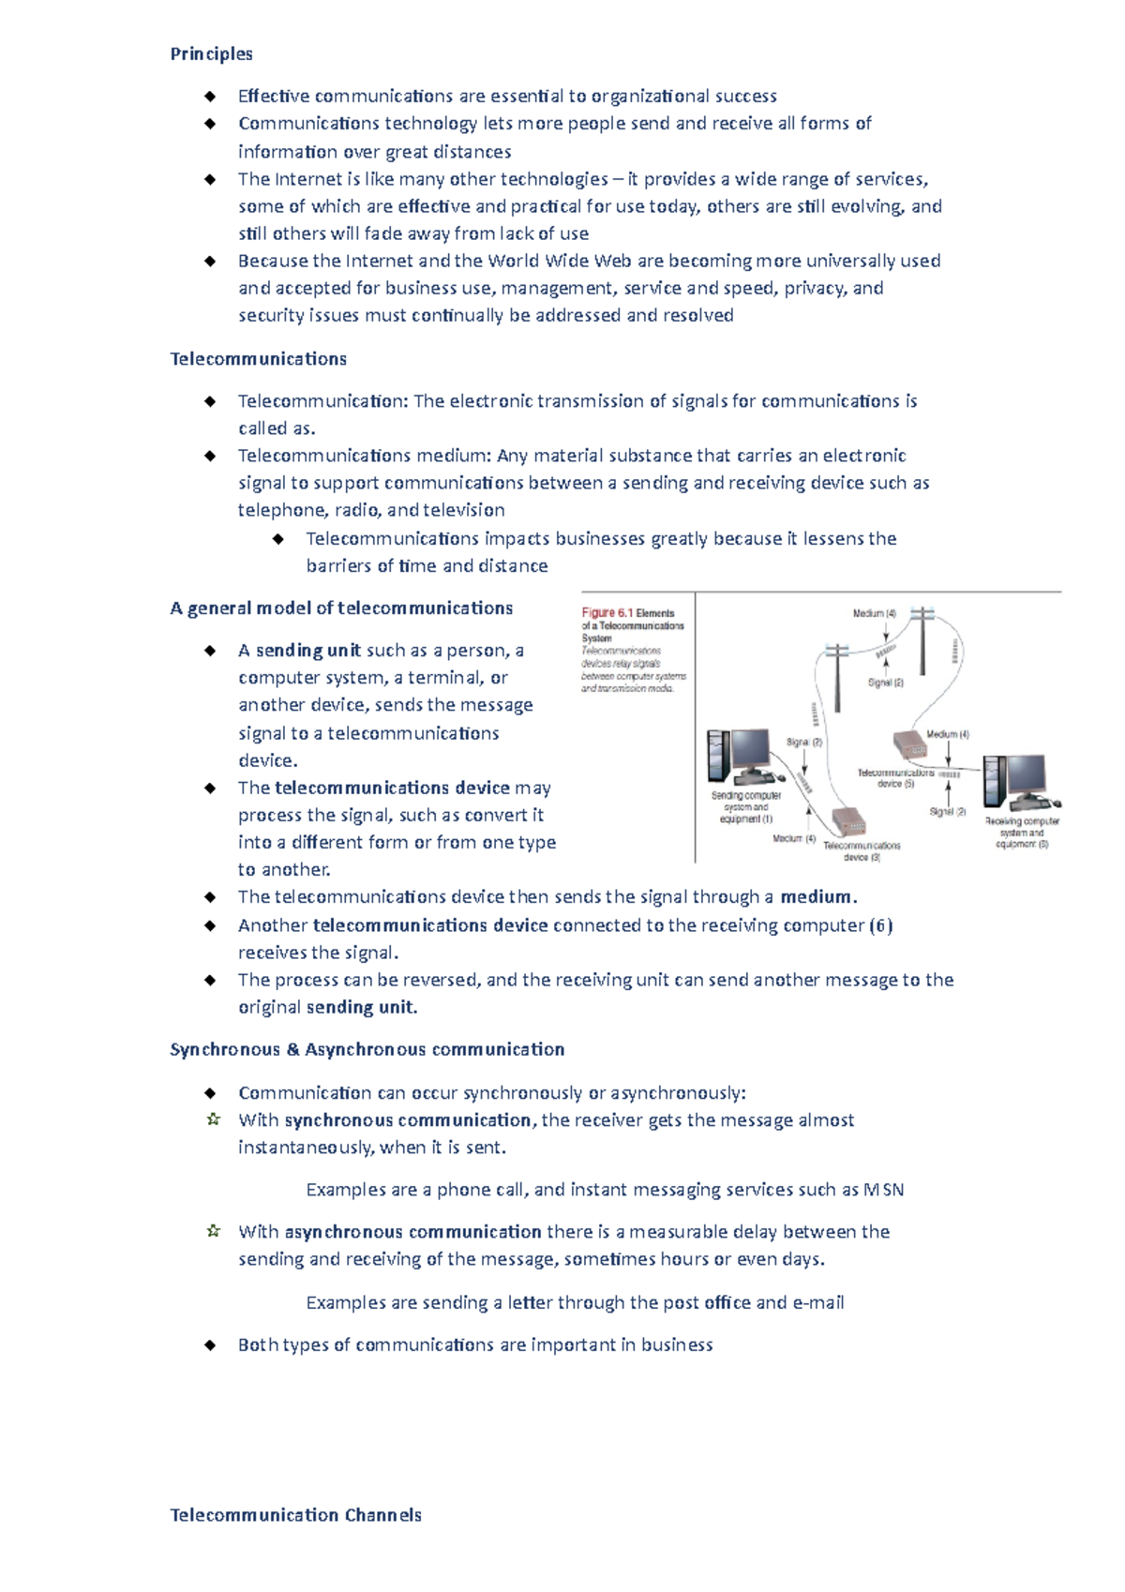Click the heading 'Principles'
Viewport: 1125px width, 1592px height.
coord(211,53)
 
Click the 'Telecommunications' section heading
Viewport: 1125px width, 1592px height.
coord(258,359)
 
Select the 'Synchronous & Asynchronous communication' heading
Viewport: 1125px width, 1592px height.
coord(367,1049)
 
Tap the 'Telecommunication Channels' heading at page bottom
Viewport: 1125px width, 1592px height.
coord(295,1515)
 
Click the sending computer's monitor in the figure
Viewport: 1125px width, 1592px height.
coord(749,750)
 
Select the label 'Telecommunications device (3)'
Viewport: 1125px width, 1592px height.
coord(861,851)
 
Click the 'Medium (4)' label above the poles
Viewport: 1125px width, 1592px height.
coord(874,613)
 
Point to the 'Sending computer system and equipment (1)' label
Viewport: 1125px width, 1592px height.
coord(746,807)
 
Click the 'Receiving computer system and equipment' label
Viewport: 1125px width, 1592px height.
coord(1022,833)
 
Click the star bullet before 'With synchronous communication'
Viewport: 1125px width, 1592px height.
coord(213,1119)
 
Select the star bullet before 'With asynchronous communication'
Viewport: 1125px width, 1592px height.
coord(213,1231)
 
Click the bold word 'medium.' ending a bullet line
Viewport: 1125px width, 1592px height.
coord(818,897)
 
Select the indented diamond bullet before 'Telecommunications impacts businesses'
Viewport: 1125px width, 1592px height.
coord(277,539)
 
